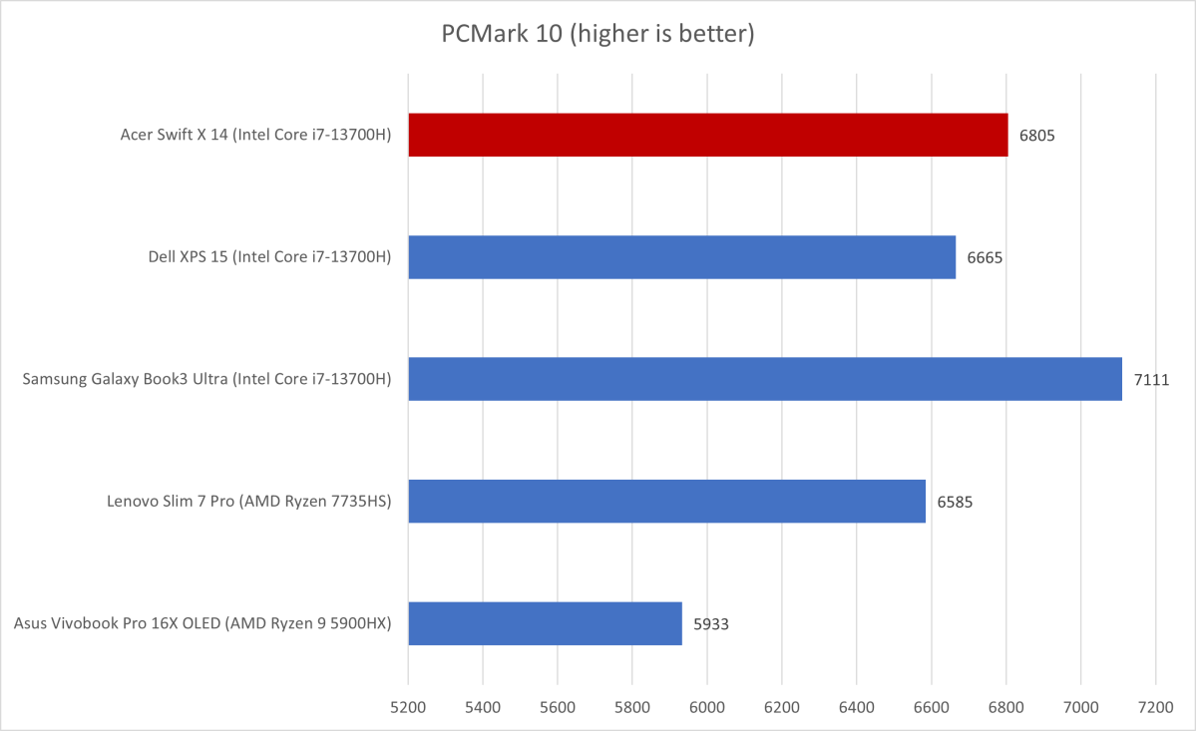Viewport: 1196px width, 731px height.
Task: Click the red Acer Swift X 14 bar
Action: [x=707, y=135]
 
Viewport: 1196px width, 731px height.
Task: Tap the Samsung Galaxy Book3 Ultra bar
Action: [x=764, y=379]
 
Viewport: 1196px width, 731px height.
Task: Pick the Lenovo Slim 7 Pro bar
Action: [x=666, y=501]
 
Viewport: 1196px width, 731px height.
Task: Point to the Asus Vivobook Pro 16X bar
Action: [x=545, y=623]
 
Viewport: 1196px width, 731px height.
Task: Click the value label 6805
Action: [x=1037, y=135]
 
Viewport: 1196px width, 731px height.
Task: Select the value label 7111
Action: [x=1151, y=379]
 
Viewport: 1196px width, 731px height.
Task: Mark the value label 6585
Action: [x=955, y=502]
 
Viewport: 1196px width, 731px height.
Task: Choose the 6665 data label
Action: [x=985, y=257]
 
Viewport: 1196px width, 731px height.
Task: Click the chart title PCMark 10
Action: [x=598, y=35]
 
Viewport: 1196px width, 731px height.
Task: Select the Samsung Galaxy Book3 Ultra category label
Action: [x=206, y=379]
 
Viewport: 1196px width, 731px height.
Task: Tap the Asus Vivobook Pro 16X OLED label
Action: [x=202, y=624]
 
